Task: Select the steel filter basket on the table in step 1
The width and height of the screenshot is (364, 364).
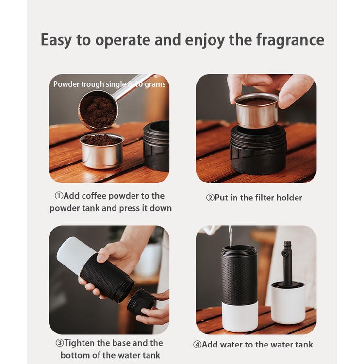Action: coord(102,150)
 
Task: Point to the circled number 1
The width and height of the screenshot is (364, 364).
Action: coord(59,196)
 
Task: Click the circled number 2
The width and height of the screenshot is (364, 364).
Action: coord(210,198)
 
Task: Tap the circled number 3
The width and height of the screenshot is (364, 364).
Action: coord(60,343)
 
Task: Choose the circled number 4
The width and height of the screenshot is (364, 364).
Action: coord(198,345)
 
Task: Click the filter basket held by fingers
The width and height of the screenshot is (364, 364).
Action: coord(257,110)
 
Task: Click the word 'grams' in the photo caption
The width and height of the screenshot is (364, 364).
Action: coord(155,84)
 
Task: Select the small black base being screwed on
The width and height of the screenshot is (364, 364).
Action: coord(141,301)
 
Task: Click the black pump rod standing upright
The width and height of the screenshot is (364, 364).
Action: coord(287,262)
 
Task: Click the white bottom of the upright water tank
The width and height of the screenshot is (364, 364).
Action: coord(240,317)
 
